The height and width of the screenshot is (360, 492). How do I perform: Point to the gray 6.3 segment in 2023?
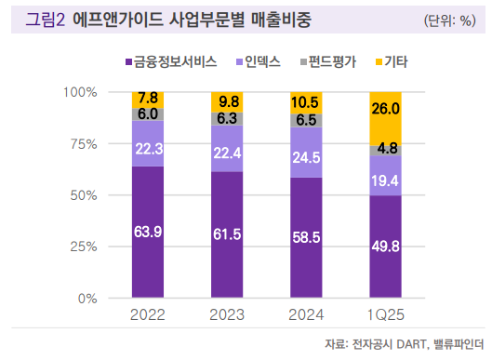click(226, 119)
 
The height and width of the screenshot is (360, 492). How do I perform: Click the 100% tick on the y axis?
click(81, 92)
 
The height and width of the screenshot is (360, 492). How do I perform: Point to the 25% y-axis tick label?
click(84, 247)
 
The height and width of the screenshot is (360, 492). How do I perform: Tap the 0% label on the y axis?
click(87, 299)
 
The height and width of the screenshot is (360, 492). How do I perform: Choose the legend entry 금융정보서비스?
click(176, 62)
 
